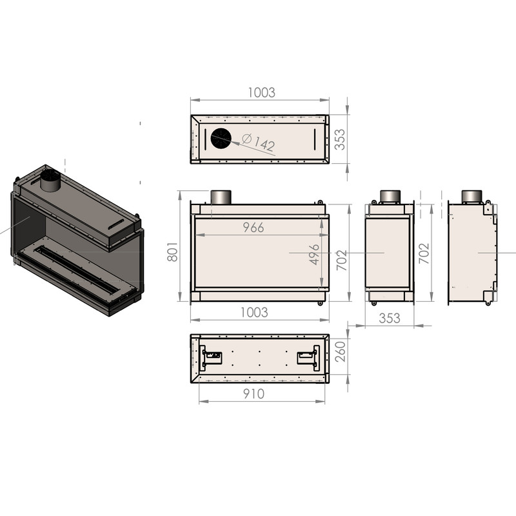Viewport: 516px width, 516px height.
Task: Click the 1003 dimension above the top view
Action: pyautogui.click(x=261, y=92)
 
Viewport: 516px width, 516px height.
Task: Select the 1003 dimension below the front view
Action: pyautogui.click(x=254, y=312)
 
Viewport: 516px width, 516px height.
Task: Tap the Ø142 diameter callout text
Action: pyautogui.click(x=259, y=142)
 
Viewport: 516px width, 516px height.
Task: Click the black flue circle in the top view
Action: pyautogui.click(x=221, y=139)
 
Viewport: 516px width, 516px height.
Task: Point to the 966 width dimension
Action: pyautogui.click(x=253, y=228)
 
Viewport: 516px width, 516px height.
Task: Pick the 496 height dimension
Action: pyautogui.click(x=315, y=254)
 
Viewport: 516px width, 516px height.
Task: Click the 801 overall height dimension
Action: pyautogui.click(x=172, y=252)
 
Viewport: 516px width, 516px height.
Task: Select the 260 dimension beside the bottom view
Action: pyautogui.click(x=341, y=352)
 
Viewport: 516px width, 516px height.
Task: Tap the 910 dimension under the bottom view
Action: pyautogui.click(x=253, y=394)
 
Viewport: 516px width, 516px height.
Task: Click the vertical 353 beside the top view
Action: pyautogui.click(x=340, y=139)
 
